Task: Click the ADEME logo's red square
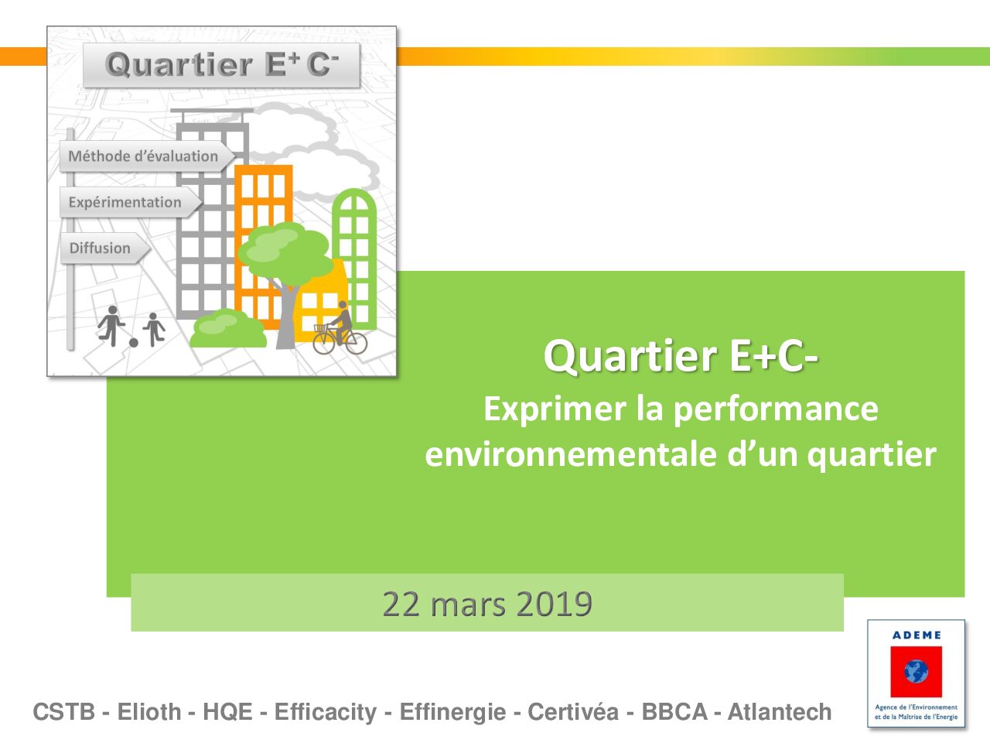(916, 672)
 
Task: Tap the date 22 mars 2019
(487, 604)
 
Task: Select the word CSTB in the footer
(64, 712)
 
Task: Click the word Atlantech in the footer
(780, 712)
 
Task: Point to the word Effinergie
(452, 713)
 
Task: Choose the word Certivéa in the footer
(573, 712)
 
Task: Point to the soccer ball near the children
(134, 343)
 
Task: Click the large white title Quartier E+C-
(681, 356)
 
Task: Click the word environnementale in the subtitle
(571, 455)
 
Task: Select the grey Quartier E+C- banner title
(222, 64)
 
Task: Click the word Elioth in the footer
(149, 712)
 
